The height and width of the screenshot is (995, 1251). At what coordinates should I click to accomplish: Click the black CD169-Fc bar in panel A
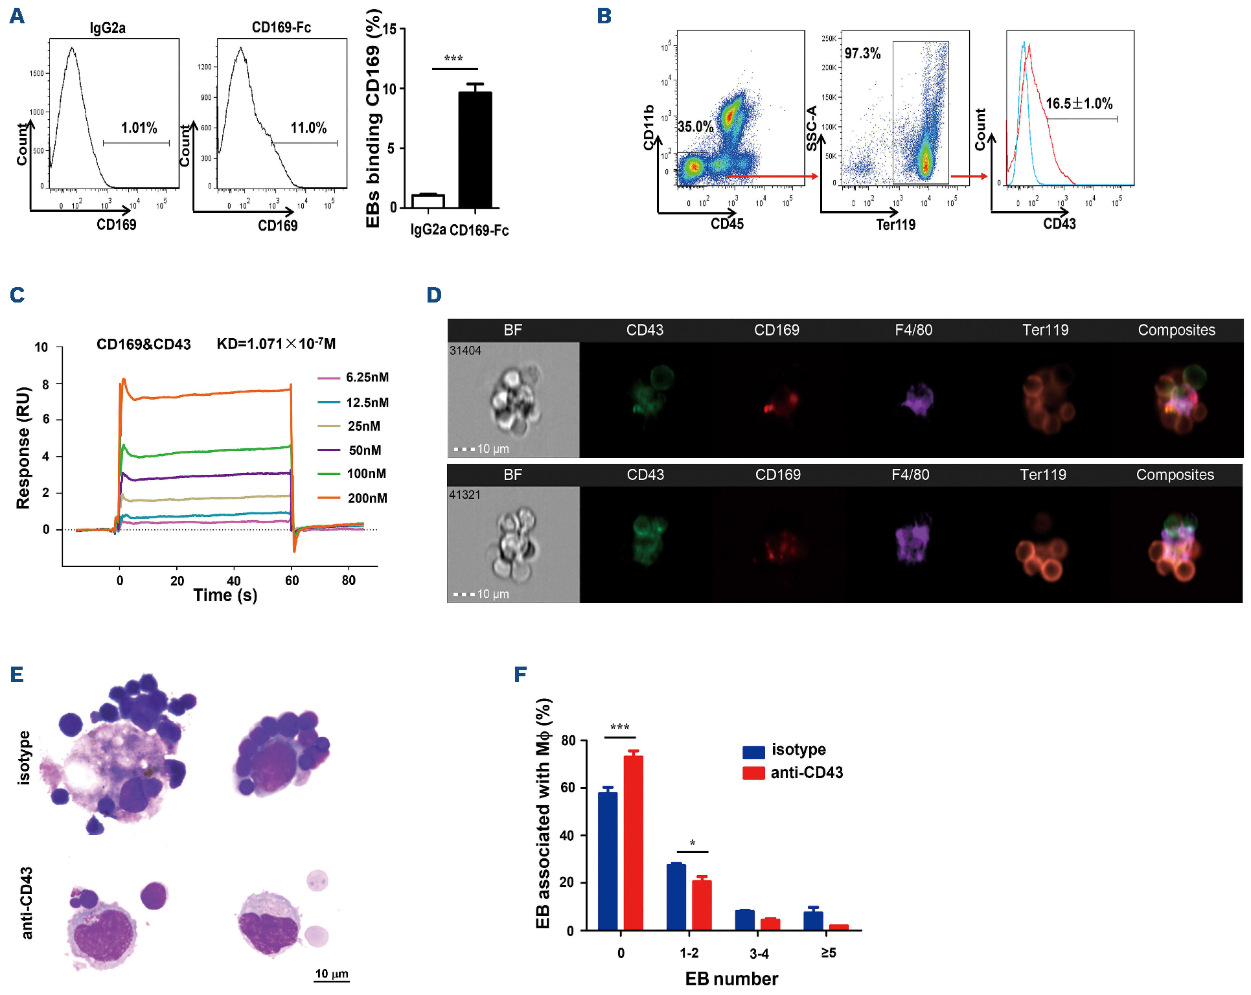tap(475, 150)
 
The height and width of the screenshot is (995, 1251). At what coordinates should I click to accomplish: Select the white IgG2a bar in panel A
tap(428, 201)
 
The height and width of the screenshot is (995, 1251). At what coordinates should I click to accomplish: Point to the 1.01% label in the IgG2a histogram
tap(139, 128)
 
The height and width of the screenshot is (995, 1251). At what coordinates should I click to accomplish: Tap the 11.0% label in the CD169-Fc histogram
tap(308, 128)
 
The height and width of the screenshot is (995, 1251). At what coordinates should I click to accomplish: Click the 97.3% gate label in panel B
tap(862, 54)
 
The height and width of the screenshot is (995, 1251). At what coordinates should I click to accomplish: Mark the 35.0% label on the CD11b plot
tap(695, 126)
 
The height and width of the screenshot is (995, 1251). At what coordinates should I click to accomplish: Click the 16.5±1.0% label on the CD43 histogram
tap(1079, 104)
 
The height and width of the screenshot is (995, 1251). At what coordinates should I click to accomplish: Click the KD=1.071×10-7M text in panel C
tap(276, 344)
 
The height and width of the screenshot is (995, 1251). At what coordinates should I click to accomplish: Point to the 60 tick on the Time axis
tap(292, 580)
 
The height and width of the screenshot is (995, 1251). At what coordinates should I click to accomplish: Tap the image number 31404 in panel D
tap(465, 350)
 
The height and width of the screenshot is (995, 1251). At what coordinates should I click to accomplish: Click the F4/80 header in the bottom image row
tap(910, 475)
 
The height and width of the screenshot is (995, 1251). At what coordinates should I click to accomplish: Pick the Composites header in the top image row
tap(1176, 330)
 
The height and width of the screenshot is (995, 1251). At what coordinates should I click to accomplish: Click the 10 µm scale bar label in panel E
tap(332, 974)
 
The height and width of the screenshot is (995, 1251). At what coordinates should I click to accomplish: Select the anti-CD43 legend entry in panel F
tap(806, 772)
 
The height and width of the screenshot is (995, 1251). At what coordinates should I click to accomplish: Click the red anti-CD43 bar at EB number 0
tap(633, 842)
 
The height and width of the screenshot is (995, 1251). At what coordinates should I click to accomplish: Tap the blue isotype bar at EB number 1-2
tap(676, 897)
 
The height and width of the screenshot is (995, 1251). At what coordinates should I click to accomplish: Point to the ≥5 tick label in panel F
tap(829, 953)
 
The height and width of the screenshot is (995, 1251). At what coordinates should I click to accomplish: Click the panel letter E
tap(17, 675)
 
